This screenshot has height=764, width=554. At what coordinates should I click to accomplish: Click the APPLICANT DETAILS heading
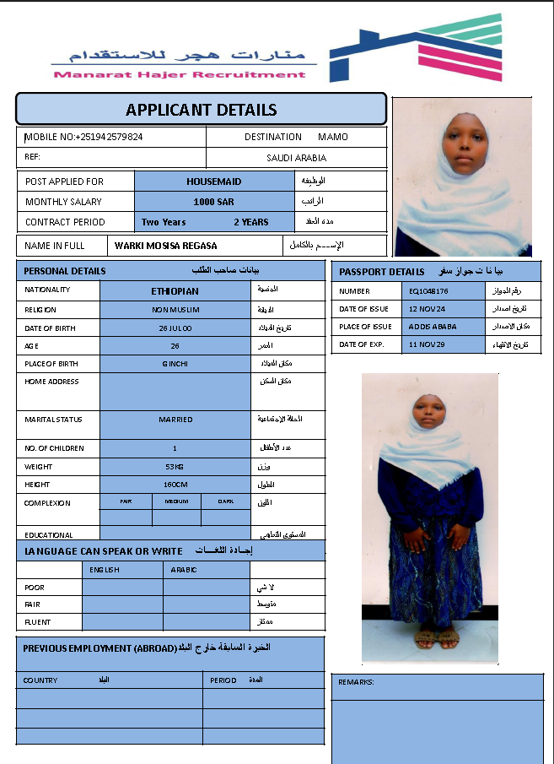[x=201, y=110]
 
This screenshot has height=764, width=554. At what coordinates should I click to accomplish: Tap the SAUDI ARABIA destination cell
[x=296, y=158]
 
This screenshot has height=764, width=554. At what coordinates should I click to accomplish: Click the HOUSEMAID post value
[x=213, y=182]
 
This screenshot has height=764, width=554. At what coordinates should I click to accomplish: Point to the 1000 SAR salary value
[x=213, y=202]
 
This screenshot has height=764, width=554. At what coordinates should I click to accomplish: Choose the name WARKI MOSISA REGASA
[x=166, y=246]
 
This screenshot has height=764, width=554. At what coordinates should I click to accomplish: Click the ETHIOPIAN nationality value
[x=175, y=291]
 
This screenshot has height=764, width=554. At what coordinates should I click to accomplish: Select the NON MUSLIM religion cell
[x=175, y=310]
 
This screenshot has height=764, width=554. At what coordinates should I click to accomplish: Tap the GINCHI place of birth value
[x=175, y=364]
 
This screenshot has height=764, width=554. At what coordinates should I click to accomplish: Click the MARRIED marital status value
[x=175, y=420]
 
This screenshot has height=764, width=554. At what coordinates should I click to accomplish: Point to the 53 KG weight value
[x=175, y=466]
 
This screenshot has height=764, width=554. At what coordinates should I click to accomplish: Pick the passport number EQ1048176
[x=428, y=291]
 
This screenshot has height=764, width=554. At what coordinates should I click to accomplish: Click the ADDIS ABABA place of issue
[x=431, y=327]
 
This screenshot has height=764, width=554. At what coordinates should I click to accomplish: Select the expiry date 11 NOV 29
[x=427, y=344]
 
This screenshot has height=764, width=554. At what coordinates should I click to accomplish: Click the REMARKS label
[x=356, y=682]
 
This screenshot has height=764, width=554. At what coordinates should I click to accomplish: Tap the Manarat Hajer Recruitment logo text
[x=180, y=74]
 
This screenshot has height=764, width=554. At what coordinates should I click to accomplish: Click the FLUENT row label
[x=38, y=622]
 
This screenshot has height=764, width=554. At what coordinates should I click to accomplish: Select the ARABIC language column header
[x=184, y=570]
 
